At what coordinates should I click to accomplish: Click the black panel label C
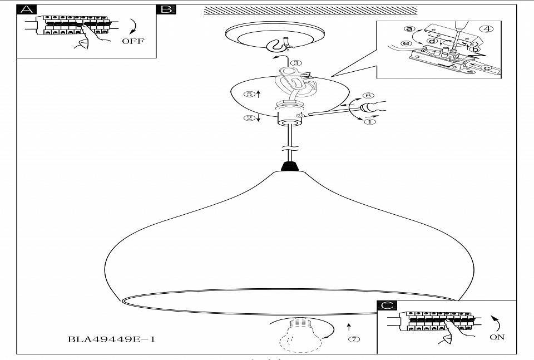tap(386, 305)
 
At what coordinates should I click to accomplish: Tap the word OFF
tap(132, 41)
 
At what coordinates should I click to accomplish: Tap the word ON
tap(497, 337)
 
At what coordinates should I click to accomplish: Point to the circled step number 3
tap(296, 63)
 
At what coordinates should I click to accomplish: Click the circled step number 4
tap(486, 28)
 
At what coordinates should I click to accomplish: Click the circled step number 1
tap(370, 121)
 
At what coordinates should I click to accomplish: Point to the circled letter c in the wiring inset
tap(487, 67)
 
